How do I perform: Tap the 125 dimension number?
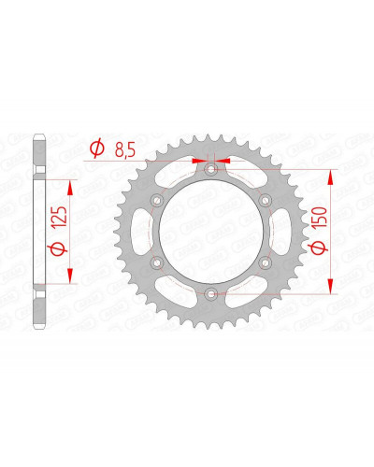pos(60,216)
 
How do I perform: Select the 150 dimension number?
pos(321,217)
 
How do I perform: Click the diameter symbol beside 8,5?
pos(97,149)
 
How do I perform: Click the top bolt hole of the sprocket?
pos(211,169)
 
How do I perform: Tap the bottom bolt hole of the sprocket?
pos(211,292)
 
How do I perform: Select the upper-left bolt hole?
pos(157,200)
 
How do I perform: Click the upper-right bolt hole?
pos(266,200)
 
